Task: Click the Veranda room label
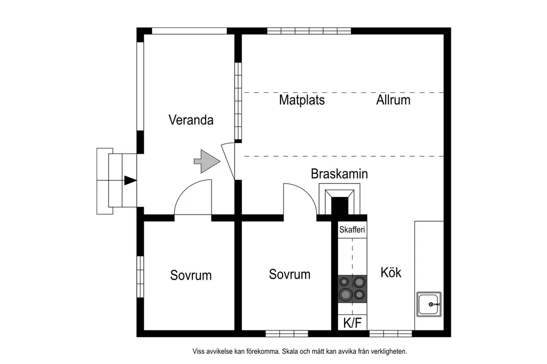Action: pyautogui.click(x=191, y=120)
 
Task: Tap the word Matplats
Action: pyautogui.click(x=302, y=100)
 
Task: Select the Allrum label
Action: pyautogui.click(x=393, y=100)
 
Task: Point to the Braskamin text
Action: pyautogui.click(x=339, y=173)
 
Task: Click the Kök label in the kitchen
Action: pyautogui.click(x=390, y=272)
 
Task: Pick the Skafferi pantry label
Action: pyautogui.click(x=352, y=230)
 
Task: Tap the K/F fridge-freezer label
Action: pyautogui.click(x=353, y=323)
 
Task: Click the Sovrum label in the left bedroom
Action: pyautogui.click(x=191, y=275)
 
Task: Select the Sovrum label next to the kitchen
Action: pyautogui.click(x=290, y=274)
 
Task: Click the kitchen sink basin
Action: pyautogui.click(x=429, y=304)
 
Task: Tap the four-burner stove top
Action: pyautogui.click(x=353, y=289)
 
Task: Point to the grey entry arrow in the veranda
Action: pyautogui.click(x=207, y=161)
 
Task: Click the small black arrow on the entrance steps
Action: pyautogui.click(x=130, y=180)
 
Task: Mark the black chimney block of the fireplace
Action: pyautogui.click(x=339, y=207)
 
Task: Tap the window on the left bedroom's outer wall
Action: pyautogui.click(x=140, y=277)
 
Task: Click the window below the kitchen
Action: pyautogui.click(x=390, y=334)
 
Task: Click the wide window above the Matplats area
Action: pyautogui.click(x=309, y=30)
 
